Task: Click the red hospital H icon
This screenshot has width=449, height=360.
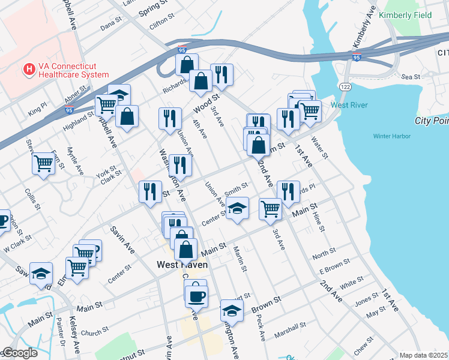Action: click(x=28, y=70)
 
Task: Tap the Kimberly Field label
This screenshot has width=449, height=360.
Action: click(x=405, y=15)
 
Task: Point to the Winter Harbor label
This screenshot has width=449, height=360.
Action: click(x=391, y=136)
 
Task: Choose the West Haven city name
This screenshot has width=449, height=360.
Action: click(x=182, y=264)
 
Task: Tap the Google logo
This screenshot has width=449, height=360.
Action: click(x=19, y=353)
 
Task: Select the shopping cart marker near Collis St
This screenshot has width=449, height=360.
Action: click(x=44, y=163)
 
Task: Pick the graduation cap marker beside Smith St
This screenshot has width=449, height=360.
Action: click(x=238, y=208)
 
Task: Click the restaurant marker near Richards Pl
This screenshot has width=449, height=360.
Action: click(x=288, y=191)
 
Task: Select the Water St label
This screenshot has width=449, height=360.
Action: click(x=320, y=148)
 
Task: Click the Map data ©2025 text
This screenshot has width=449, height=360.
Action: click(x=423, y=355)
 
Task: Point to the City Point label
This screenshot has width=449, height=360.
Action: click(x=431, y=121)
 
